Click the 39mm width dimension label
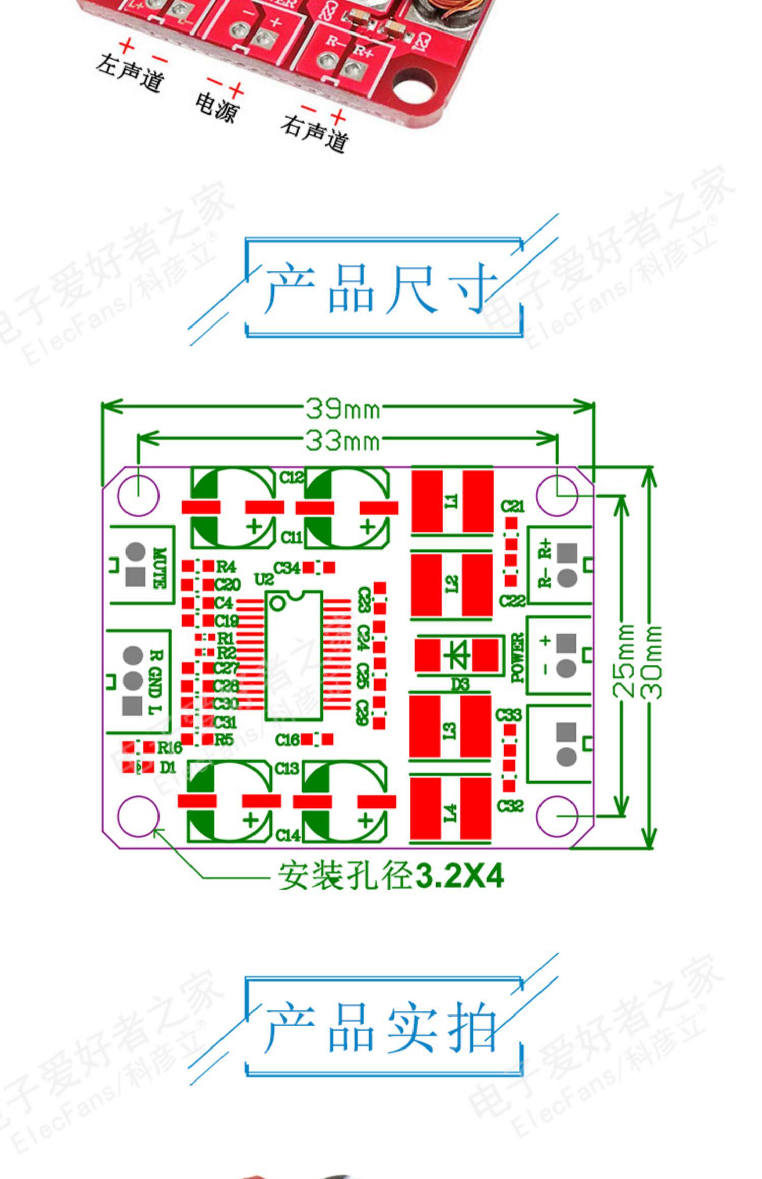coord(343,408)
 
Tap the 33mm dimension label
coord(343,440)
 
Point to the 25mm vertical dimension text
coord(626,661)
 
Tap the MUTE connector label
coord(159,568)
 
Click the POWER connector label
coord(517,657)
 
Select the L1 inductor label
coord(451,501)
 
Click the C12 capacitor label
coord(291,477)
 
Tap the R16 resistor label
coord(169,747)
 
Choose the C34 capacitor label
coord(287,568)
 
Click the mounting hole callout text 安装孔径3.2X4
coord(390,875)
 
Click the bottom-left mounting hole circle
coord(138,816)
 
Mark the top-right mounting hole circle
coord(557,495)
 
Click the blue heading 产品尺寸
coord(381,288)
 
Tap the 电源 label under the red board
coord(216,107)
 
